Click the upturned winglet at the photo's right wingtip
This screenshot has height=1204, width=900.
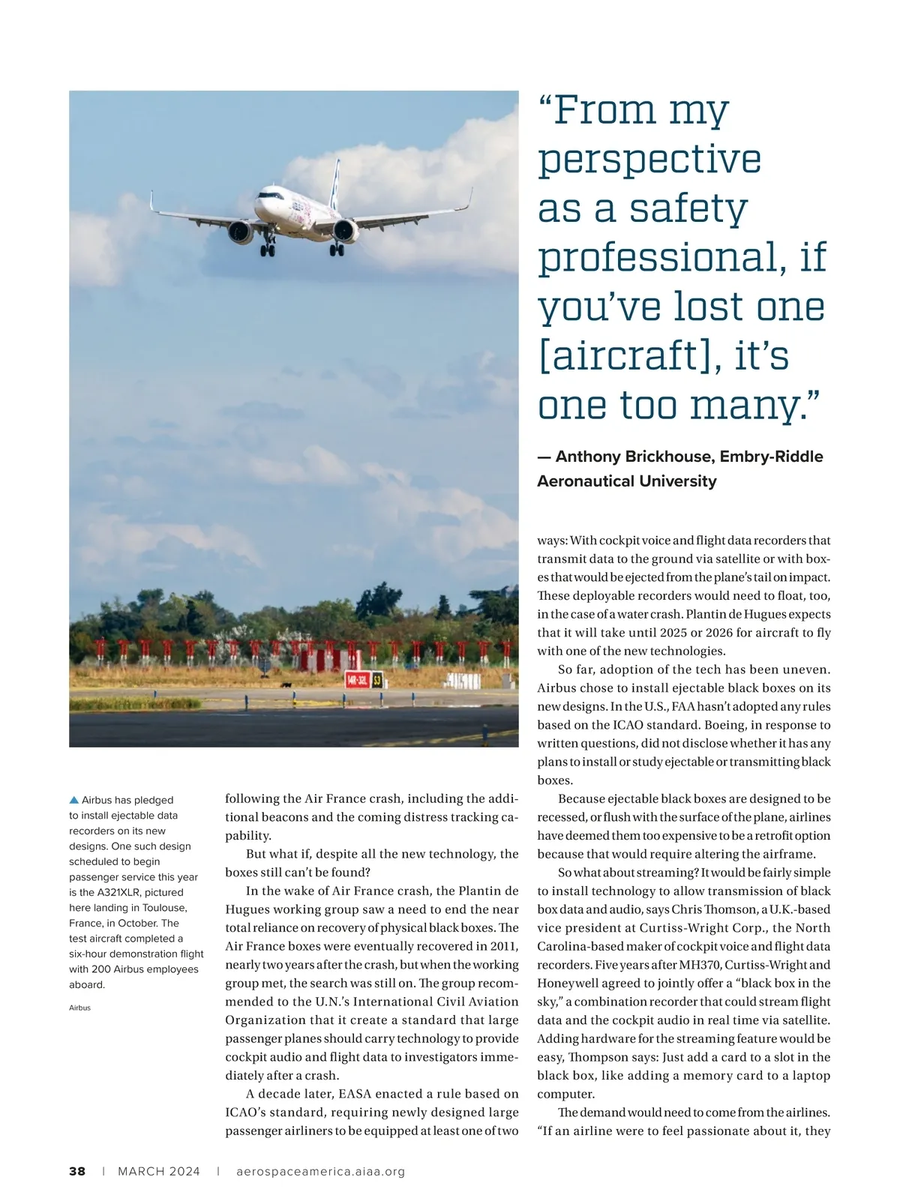pos(469,198)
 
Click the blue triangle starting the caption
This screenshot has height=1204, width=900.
pos(73,800)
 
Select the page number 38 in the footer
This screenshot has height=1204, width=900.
pos(77,1171)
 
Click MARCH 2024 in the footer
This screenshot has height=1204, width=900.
pos(159,1171)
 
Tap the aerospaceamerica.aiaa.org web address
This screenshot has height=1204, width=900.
pos(320,1171)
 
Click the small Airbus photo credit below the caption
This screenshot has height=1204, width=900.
pos(79,1008)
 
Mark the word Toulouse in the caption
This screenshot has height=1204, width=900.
pos(164,908)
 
